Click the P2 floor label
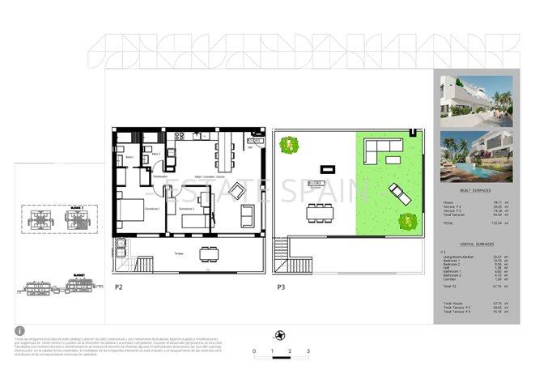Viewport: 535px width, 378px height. (118, 287)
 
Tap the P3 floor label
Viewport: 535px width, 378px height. (281, 287)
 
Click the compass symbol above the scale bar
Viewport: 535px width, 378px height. (280, 336)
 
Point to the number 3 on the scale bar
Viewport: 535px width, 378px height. (308, 352)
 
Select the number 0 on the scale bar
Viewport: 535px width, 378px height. (254, 352)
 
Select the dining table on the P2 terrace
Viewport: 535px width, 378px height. (209, 253)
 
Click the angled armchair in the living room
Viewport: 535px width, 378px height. (239, 192)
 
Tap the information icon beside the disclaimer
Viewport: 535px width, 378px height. (18, 331)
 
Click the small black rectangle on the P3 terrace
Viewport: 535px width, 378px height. (328, 169)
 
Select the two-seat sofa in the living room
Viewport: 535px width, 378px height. (247, 217)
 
